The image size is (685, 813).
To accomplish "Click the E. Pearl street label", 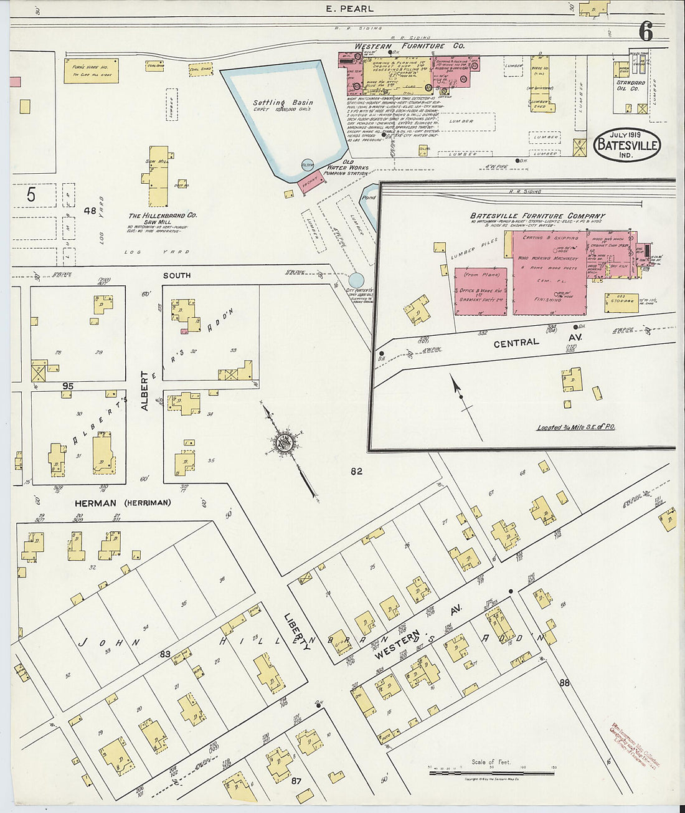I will [x=349, y=9].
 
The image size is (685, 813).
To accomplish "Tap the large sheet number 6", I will [x=646, y=32].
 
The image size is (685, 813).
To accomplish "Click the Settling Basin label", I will [x=283, y=102].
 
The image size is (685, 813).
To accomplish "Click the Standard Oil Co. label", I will [x=630, y=86].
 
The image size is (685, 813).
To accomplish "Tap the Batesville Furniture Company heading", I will [x=537, y=216].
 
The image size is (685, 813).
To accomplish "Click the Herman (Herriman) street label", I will [x=122, y=502].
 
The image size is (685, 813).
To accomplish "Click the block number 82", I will [x=356, y=472].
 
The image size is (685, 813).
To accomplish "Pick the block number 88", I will [x=564, y=683].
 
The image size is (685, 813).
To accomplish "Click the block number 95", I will [x=67, y=386].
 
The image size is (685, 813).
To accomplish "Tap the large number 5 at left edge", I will [x=31, y=195].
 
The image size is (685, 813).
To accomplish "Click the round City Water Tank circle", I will [x=356, y=280].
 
